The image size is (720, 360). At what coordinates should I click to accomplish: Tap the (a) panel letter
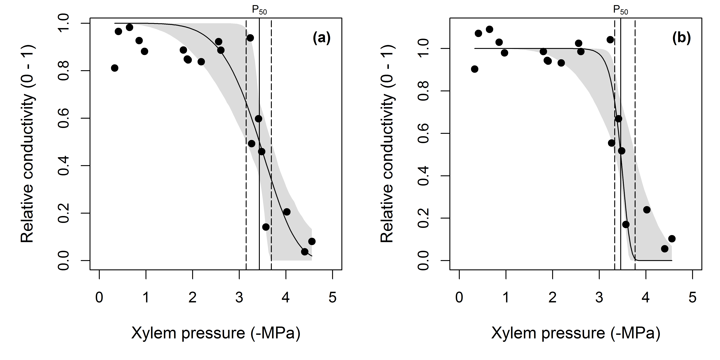click(321, 38)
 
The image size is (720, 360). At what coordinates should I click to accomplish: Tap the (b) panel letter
click(681, 38)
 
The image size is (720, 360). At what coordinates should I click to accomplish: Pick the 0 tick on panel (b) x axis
click(459, 297)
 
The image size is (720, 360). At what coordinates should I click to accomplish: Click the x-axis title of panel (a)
click(216, 333)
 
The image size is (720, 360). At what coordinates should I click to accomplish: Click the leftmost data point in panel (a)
click(115, 68)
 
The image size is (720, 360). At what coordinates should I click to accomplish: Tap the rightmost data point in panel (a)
click(312, 241)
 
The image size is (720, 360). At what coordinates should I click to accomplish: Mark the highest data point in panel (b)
click(489, 29)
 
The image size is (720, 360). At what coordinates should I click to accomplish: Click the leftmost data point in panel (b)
click(475, 69)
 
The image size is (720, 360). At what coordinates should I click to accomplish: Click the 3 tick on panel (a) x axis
click(239, 297)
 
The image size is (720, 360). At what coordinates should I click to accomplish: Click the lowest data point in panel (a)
click(305, 252)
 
